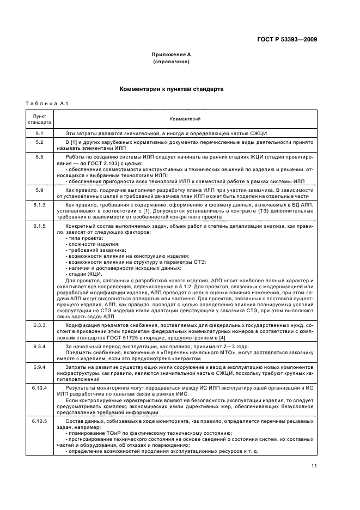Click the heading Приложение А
click(x=171, y=54)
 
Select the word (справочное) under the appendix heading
click(x=171, y=62)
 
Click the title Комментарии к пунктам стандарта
click(x=171, y=88)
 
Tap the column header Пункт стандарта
click(x=40, y=119)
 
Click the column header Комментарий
click(x=185, y=119)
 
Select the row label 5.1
click(x=40, y=133)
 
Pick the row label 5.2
click(x=40, y=142)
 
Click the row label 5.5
click(x=40, y=157)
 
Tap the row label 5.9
click(x=40, y=190)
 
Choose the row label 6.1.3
click(x=40, y=205)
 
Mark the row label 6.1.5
click(x=40, y=226)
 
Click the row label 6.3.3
click(x=40, y=325)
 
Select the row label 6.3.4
click(x=40, y=347)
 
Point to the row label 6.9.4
click(x=40, y=368)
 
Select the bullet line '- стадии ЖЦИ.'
click(x=83, y=274)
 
